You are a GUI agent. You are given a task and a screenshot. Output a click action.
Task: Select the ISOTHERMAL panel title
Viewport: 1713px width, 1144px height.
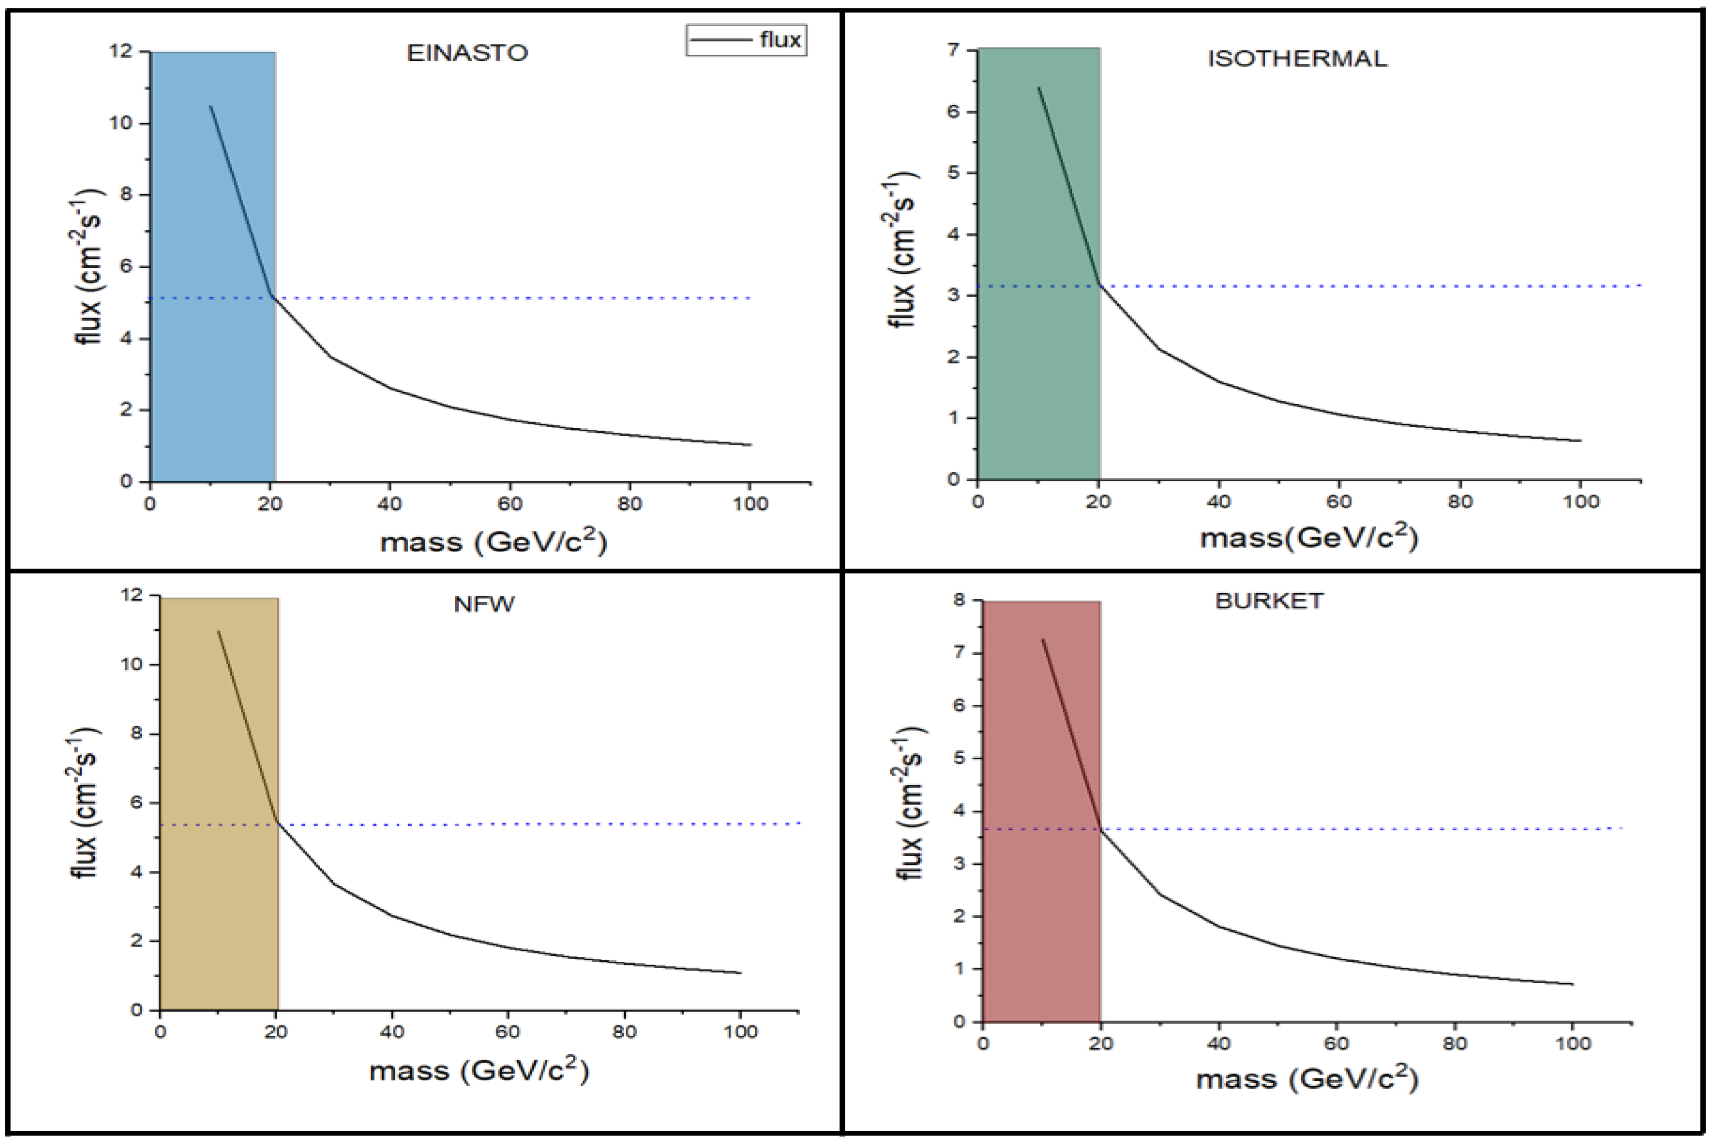coord(1297,58)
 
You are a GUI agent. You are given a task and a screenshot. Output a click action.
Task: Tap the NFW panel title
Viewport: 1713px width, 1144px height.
coord(484,604)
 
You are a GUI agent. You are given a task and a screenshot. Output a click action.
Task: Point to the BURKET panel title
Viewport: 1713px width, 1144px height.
coord(1269,601)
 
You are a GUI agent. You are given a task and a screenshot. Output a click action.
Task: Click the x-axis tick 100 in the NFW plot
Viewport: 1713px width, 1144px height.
coord(741,1032)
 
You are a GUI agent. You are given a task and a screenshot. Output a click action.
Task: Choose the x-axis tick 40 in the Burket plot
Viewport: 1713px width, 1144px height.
coord(1219,1043)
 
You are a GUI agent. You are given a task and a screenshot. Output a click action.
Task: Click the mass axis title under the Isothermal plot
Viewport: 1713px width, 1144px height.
coord(1309,538)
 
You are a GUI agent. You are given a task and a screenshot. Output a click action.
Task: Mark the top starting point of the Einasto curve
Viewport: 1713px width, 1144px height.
coord(210,107)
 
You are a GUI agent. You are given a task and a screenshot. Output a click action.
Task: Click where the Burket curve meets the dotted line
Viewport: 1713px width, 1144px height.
coord(1100,829)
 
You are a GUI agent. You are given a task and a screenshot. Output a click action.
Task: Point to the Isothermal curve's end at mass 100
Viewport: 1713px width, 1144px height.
coord(1580,441)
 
